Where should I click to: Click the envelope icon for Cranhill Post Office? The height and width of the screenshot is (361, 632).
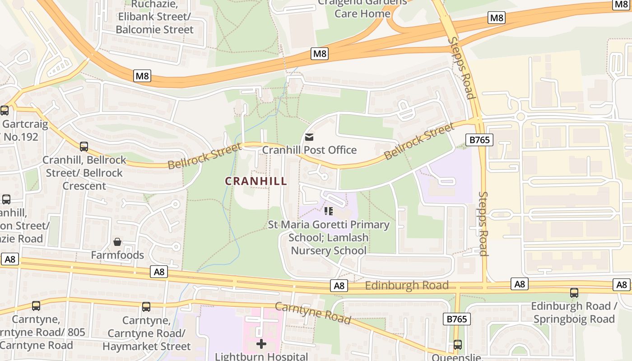pos(309,137)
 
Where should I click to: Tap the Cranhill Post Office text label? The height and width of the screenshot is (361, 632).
pos(309,150)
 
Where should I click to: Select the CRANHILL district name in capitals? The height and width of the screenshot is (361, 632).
pos(256,181)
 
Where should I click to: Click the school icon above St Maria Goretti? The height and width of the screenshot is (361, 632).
pos(329,211)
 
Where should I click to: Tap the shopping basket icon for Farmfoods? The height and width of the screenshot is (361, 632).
pos(117,242)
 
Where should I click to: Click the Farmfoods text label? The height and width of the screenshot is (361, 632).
pos(117,255)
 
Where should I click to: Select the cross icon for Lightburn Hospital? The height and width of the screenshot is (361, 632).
pos(261,344)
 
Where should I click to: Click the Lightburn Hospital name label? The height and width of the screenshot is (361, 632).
pos(261,356)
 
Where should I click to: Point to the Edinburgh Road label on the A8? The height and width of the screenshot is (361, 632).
pos(406,285)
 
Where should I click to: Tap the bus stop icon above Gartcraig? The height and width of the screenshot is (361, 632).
pos(5,111)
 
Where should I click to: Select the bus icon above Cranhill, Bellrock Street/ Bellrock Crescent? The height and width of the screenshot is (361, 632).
pos(84,147)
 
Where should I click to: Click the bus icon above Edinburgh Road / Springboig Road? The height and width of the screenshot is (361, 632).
pos(574,293)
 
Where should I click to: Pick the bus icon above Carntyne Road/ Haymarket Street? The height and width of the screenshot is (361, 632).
pos(146,307)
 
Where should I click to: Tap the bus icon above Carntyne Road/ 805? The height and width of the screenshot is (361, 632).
pos(36,306)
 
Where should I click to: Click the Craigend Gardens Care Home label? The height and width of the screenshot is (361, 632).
pos(362,8)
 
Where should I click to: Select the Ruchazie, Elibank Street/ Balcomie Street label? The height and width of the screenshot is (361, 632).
pos(154,17)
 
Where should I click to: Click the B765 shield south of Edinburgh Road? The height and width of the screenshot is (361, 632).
pos(457,319)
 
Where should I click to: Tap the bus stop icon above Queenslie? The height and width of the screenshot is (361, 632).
pos(458,345)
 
